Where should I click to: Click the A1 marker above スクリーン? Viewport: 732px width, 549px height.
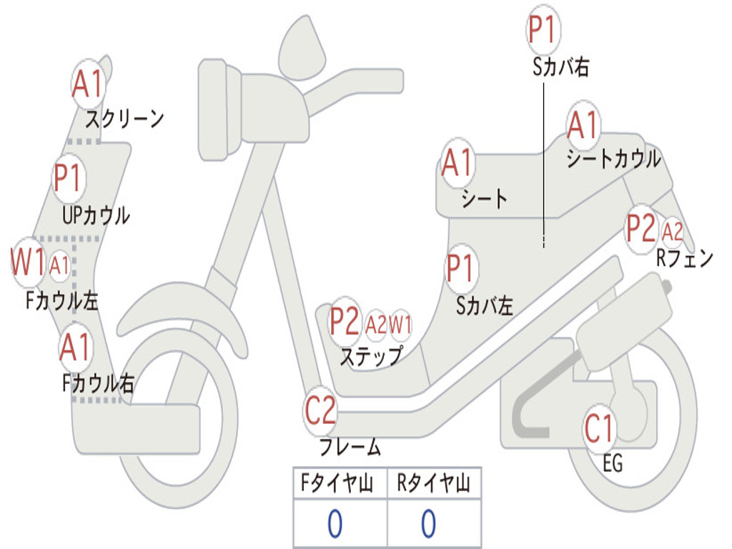click(x=89, y=85)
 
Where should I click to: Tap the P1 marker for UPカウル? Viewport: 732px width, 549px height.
click(x=68, y=179)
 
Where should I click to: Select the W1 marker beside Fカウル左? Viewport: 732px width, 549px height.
click(x=28, y=263)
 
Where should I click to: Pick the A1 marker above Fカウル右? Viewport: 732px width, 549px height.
click(x=75, y=348)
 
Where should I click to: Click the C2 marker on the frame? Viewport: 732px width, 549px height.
click(x=320, y=411)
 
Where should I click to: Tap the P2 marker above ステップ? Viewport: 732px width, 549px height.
click(x=344, y=322)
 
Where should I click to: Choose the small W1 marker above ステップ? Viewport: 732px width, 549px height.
click(x=400, y=325)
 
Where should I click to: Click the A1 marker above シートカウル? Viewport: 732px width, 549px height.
click(x=583, y=127)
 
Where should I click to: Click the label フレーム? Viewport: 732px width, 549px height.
click(x=350, y=447)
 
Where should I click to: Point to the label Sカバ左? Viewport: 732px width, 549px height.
click(x=485, y=306)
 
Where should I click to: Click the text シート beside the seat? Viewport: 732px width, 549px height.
click(x=484, y=198)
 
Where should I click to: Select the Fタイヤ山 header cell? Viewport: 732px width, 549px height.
click(x=340, y=484)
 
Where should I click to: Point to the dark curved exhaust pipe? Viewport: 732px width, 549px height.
click(x=533, y=412)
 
